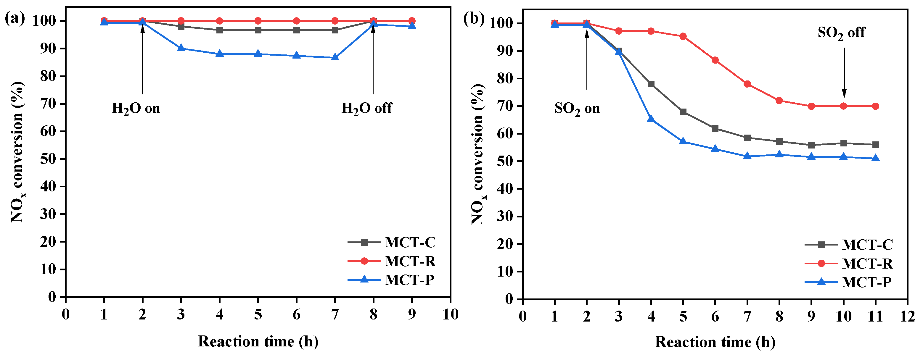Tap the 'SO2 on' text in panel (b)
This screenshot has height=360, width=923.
[x=577, y=109]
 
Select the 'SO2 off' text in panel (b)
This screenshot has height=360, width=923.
[x=841, y=33]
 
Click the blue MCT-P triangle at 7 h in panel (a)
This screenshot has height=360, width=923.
[x=335, y=57]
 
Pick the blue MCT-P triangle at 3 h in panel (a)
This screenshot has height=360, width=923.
[x=181, y=48]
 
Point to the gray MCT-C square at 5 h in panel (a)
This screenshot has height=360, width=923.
[x=258, y=30]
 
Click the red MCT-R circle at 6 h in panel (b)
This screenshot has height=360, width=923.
[x=715, y=60]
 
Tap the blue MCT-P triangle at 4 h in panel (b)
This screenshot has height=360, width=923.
[x=651, y=119]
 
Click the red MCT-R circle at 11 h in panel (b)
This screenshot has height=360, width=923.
[x=875, y=106]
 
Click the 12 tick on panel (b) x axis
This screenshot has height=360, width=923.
[x=907, y=316]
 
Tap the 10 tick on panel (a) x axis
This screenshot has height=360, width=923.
[x=450, y=314]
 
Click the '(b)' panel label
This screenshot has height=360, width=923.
[x=474, y=19]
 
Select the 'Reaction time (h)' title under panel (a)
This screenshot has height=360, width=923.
[x=258, y=341]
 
